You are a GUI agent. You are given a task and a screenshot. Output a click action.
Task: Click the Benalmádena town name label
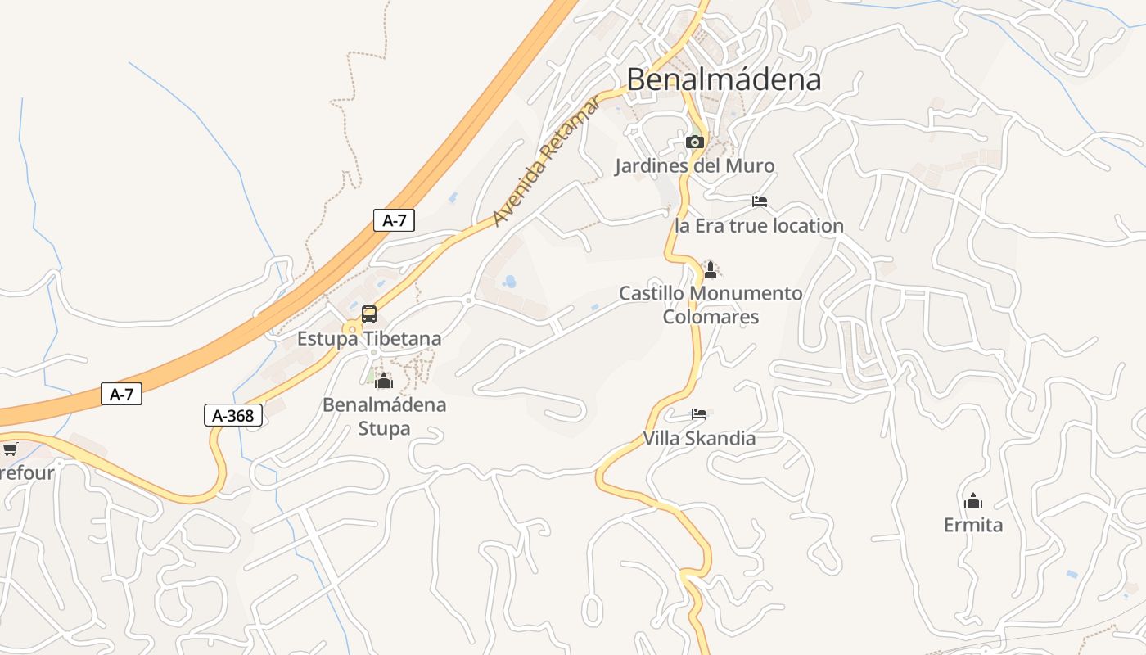724,79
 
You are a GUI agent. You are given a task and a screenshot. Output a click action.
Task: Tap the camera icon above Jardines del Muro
694,142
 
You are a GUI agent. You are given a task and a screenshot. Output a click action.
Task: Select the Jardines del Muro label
694,166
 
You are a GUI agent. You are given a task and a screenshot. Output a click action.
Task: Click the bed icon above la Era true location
760,201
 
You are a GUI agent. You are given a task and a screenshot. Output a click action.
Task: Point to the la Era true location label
759,226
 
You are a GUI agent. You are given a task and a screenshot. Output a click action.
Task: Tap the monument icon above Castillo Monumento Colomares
711,269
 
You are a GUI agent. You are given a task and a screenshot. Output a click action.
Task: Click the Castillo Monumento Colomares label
711,305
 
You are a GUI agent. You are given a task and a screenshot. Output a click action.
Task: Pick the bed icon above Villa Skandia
698,414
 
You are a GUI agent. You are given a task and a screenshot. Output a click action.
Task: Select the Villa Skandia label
699,438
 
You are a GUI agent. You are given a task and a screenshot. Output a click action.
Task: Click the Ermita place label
973,525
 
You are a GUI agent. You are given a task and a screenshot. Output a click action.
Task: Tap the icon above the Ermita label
973,501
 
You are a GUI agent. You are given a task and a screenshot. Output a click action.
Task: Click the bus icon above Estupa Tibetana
369,314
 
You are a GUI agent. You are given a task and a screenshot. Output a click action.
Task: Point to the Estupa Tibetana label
369,338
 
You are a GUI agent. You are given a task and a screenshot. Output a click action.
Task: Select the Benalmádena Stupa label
384,416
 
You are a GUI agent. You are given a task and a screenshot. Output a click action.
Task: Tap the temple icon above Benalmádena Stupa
384,381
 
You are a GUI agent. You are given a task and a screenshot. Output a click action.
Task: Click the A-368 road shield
233,416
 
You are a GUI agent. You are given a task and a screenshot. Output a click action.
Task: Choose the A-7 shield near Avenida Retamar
394,220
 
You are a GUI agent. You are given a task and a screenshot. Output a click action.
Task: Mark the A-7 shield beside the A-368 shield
121,394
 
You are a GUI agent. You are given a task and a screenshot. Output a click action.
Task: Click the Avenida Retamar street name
546,161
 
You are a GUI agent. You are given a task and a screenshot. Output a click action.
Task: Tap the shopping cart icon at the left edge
10,449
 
